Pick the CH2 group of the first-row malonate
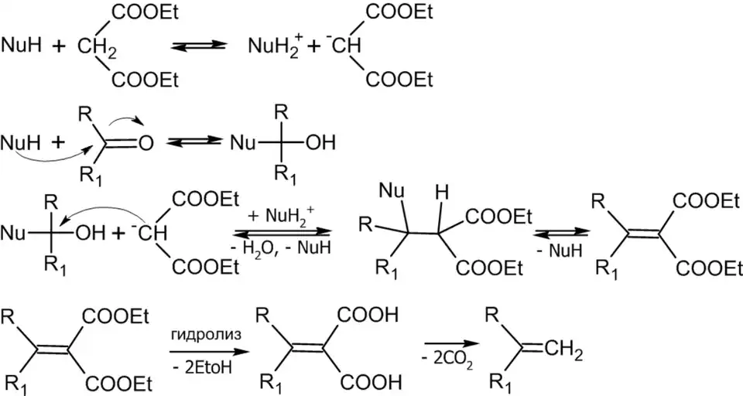97,48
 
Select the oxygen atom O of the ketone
146,142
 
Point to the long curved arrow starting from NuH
46,169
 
